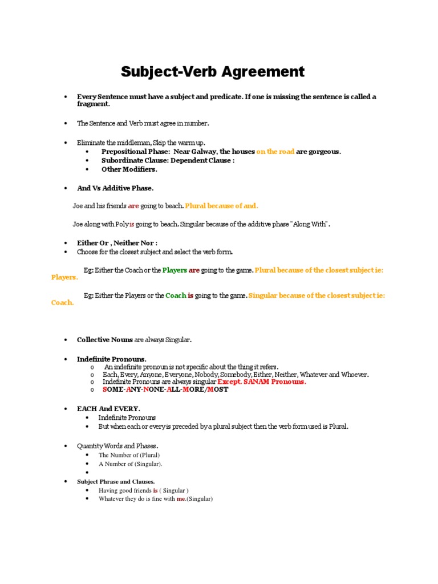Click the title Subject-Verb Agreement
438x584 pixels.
coord(213,72)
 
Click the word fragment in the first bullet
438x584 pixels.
coord(94,104)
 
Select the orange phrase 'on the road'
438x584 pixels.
coord(275,152)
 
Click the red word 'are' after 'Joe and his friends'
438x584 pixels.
coord(133,205)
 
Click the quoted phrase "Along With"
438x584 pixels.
coord(310,224)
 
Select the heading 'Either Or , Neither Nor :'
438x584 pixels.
coord(117,243)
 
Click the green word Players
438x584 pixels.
coord(175,270)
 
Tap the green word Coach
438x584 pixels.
coord(176,296)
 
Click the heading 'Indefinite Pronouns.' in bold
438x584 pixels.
coord(112,359)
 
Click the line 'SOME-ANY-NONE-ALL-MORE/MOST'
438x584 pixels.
coord(165,390)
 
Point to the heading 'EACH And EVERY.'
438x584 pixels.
coord(108,409)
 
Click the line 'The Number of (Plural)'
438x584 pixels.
coord(129,455)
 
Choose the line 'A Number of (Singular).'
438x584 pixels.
coord(130,464)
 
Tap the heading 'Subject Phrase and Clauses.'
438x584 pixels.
coord(116,482)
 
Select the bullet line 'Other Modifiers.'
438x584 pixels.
coord(129,169)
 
